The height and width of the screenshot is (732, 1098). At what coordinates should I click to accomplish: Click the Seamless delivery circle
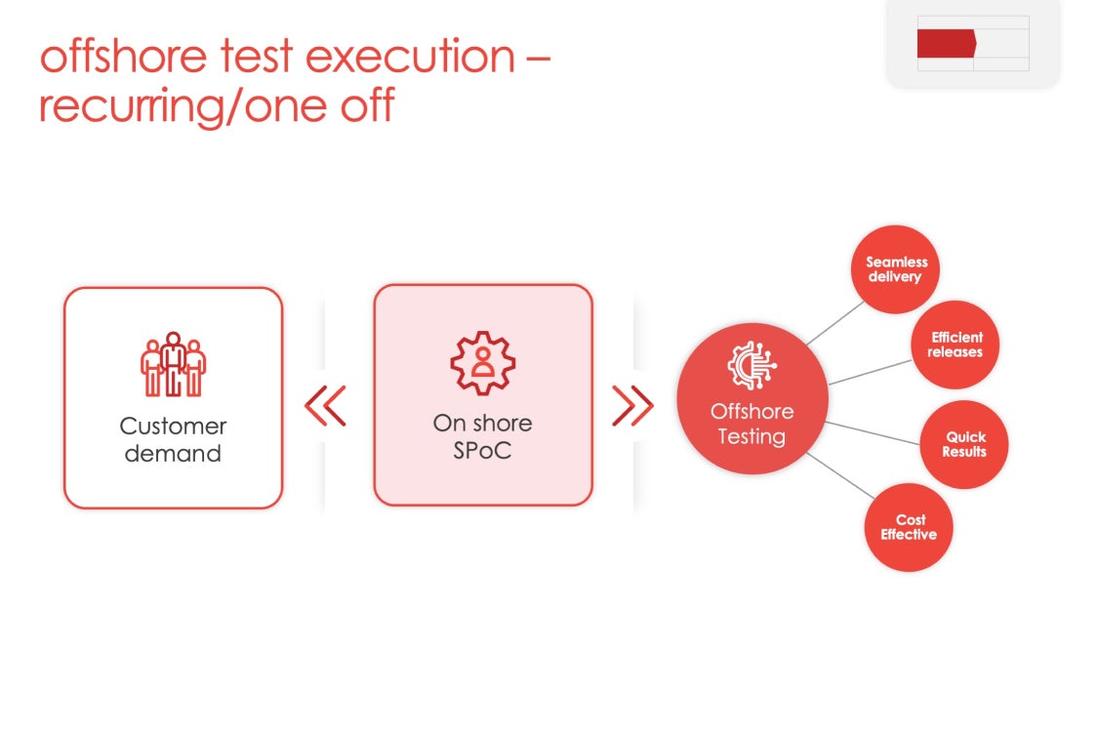point(895,270)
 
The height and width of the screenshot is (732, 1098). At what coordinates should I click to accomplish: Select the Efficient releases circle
point(956,345)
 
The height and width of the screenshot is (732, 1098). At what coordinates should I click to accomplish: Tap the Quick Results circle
point(964,445)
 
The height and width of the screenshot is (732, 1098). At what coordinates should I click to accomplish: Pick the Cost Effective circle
point(909,528)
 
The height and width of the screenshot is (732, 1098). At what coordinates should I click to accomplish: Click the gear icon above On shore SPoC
point(482,362)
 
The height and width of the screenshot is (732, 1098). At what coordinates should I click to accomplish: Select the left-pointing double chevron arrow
point(326,406)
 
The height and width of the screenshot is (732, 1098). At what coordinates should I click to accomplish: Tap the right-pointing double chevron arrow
point(632,406)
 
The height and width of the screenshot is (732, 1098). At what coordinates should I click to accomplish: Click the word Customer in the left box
point(173,427)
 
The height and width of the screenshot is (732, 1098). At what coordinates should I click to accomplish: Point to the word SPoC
point(482,452)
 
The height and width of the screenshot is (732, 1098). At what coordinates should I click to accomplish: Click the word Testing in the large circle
point(752,436)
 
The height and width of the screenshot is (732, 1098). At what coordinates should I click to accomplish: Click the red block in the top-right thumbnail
point(946,43)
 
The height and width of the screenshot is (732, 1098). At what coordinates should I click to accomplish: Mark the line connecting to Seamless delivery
point(835,322)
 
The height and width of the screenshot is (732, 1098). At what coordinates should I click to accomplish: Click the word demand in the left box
point(173,454)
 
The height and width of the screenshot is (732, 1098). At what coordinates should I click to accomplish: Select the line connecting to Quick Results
point(873,431)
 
